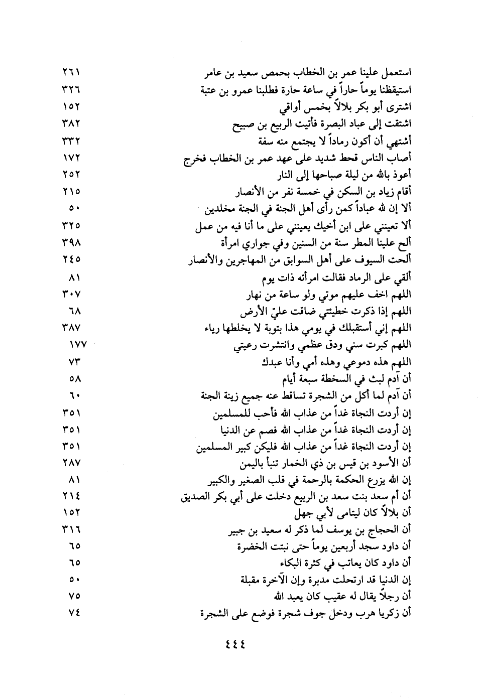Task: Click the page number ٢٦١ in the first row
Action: [72, 74]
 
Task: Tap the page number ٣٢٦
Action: [72, 90]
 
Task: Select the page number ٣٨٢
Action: [72, 123]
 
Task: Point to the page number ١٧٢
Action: [72, 158]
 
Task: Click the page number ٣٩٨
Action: [72, 243]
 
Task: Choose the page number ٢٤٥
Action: [72, 259]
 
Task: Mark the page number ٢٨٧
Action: [72, 463]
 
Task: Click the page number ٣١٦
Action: [72, 531]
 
